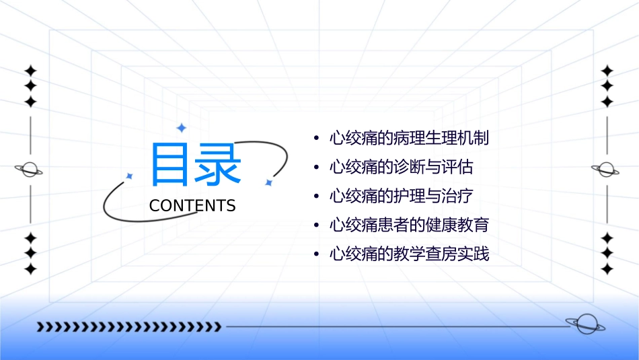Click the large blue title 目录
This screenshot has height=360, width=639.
click(x=196, y=164)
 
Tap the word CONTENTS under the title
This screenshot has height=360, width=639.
click(x=192, y=206)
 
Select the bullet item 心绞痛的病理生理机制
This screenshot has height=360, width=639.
click(x=409, y=139)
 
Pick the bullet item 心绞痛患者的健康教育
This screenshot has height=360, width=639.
click(x=409, y=225)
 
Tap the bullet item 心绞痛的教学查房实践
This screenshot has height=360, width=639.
click(x=409, y=254)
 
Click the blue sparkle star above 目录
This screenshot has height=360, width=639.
click(x=181, y=128)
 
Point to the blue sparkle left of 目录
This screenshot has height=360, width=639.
click(x=130, y=176)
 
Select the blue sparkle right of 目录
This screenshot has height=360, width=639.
click(x=268, y=182)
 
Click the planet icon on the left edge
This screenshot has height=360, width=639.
click(x=30, y=170)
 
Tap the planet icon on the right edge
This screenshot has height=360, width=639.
click(x=606, y=170)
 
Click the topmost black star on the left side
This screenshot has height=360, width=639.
click(x=30, y=71)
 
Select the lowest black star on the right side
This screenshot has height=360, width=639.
click(x=607, y=269)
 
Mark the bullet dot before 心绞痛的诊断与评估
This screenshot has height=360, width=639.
click(x=316, y=168)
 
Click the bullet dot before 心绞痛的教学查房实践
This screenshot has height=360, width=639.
click(x=316, y=254)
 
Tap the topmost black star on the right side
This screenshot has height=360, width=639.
click(x=607, y=71)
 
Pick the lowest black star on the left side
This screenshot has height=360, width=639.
click(x=30, y=269)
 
